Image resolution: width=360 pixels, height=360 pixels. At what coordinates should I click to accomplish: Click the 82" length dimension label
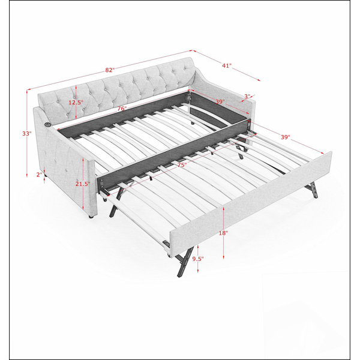point(110,70)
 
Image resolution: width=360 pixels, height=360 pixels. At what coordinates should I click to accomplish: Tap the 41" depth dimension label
point(227,65)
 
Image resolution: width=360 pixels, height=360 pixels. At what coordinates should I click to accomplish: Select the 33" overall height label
point(26,133)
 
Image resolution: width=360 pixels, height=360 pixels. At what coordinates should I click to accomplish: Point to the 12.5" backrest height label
point(76,103)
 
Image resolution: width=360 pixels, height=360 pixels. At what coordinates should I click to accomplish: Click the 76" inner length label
point(122,109)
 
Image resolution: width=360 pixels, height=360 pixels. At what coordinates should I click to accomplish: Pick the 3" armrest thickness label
point(247,97)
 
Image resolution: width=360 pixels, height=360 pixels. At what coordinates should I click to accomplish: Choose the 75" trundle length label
point(182,164)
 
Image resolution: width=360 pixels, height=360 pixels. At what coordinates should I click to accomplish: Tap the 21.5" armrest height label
point(83,184)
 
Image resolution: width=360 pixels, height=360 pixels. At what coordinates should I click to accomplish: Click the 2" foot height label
point(40,175)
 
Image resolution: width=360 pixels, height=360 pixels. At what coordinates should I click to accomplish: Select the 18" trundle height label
point(223,233)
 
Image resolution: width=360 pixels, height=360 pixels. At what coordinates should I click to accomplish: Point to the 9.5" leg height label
point(198,259)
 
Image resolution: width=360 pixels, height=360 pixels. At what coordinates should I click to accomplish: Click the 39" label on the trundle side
point(286,137)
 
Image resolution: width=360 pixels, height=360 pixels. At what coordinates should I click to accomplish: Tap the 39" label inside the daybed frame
point(220,101)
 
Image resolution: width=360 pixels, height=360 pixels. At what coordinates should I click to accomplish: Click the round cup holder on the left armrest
point(47,124)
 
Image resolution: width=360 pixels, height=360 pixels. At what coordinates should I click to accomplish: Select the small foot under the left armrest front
point(91,217)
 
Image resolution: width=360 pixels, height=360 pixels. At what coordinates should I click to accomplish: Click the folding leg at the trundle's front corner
point(184,261)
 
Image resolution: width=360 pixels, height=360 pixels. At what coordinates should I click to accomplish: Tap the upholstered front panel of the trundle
point(251,199)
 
